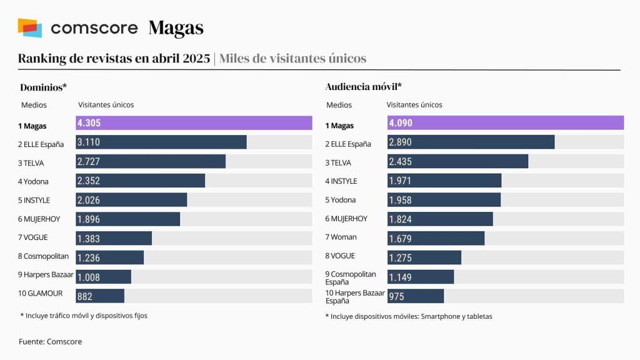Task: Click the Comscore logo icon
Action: click(30, 27)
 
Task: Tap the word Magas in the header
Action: click(176, 28)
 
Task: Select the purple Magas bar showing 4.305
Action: click(194, 123)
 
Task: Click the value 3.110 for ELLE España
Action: click(88, 142)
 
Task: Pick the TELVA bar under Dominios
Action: click(151, 161)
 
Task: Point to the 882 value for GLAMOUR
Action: click(84, 296)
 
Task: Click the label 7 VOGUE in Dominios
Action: click(33, 237)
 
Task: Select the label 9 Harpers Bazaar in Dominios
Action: click(46, 274)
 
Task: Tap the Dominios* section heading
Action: click(44, 87)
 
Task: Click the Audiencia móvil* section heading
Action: click(363, 87)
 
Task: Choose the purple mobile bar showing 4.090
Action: click(505, 123)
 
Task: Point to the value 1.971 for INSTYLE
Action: click(400, 181)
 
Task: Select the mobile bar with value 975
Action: click(416, 296)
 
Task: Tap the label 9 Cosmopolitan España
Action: click(351, 278)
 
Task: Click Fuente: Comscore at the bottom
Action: click(50, 341)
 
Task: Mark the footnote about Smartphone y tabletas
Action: click(409, 316)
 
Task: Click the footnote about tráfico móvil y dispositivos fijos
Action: click(84, 316)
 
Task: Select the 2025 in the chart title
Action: click(196, 59)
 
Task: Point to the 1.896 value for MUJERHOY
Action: click(88, 219)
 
